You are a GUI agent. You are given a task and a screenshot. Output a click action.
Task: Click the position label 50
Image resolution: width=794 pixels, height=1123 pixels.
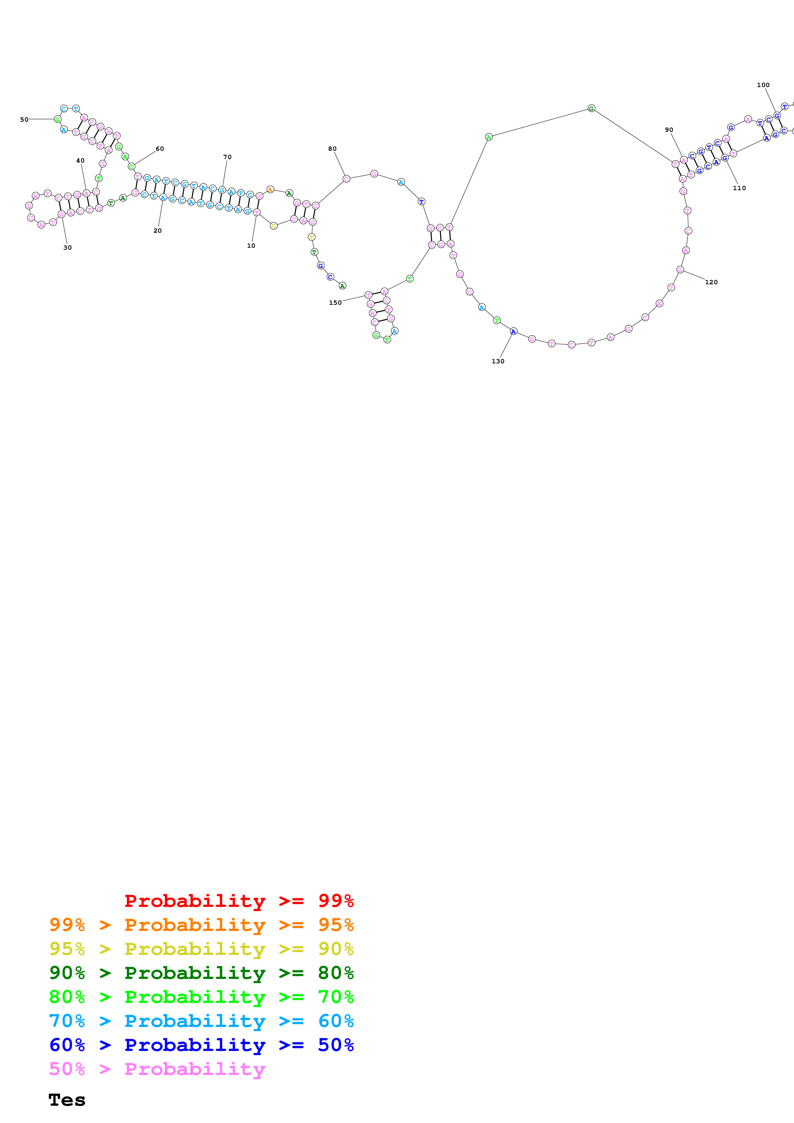pyautogui.click(x=24, y=119)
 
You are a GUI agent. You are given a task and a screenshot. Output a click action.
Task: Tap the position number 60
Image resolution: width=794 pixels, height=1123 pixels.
pyautogui.click(x=160, y=149)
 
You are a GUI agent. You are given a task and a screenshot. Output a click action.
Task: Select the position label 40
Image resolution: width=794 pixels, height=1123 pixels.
pyautogui.click(x=80, y=160)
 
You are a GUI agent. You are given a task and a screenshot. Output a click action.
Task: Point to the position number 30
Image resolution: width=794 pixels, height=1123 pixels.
pyautogui.click(x=68, y=247)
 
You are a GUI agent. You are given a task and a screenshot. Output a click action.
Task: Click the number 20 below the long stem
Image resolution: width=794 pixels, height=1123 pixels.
pyautogui.click(x=158, y=230)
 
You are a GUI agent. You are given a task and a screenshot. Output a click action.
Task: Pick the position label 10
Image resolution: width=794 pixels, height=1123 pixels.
pyautogui.click(x=251, y=246)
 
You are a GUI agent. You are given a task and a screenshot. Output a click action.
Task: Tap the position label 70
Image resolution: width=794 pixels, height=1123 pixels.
pyautogui.click(x=227, y=157)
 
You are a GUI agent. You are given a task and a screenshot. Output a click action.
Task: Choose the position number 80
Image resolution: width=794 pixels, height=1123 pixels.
pyautogui.click(x=332, y=149)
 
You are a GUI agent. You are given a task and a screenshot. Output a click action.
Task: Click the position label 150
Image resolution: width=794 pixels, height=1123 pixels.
pyautogui.click(x=335, y=303)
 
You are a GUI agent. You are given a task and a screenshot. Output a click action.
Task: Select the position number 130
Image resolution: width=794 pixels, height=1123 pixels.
pyautogui.click(x=497, y=361)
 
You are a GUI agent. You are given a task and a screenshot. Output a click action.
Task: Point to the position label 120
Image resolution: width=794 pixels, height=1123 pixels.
pyautogui.click(x=711, y=282)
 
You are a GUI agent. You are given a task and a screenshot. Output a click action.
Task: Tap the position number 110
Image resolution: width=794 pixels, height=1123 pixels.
pyautogui.click(x=739, y=188)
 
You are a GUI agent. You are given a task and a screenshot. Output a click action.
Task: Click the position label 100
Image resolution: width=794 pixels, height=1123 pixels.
pyautogui.click(x=763, y=85)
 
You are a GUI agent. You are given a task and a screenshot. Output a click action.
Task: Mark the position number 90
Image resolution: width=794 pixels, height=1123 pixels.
pyautogui.click(x=669, y=130)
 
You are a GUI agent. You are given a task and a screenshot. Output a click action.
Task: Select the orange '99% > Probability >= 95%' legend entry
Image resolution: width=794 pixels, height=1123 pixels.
pyautogui.click(x=201, y=925)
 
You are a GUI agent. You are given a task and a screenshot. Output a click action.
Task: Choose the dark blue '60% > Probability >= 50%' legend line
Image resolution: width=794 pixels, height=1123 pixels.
pyautogui.click(x=201, y=1045)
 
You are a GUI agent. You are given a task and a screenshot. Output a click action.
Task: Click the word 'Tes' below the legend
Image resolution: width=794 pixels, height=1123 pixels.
pyautogui.click(x=67, y=1100)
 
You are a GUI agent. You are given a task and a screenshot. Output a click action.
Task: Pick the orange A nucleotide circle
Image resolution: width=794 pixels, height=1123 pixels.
pyautogui.click(x=270, y=189)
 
